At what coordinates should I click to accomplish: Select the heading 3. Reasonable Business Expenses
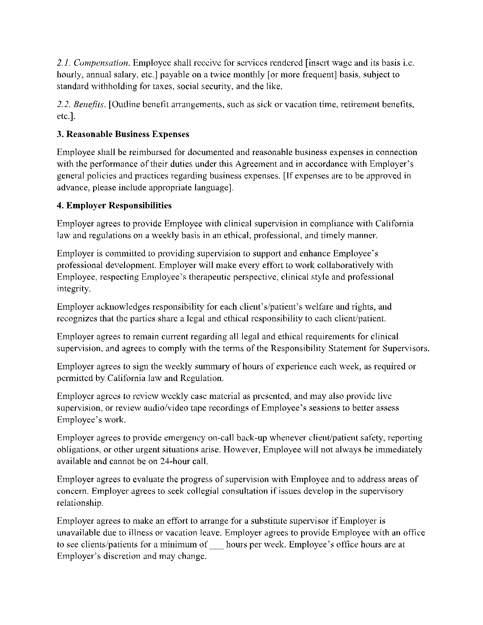coord(123,134)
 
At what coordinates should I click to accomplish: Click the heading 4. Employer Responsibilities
coord(114,205)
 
